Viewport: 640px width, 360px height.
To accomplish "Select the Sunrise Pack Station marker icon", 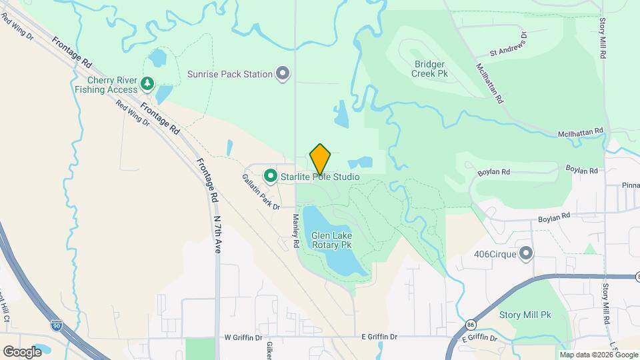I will pos(283,73).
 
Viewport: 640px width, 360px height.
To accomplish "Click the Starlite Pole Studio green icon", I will pos(271,176).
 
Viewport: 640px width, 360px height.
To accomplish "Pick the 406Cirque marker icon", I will pos(526,253).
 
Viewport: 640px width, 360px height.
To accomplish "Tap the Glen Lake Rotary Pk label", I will pos(331,240).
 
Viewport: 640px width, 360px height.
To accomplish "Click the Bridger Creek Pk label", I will pos(430,69).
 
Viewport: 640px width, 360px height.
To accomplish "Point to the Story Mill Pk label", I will pos(526,314).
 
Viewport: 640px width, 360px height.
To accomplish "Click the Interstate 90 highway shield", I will pos(57,325).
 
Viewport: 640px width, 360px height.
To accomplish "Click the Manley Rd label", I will pos(295,230).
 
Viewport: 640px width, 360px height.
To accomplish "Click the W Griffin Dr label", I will pos(245,338).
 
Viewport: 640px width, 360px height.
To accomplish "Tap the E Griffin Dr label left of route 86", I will pos(378,338).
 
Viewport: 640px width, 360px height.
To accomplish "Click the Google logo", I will pos(22,351).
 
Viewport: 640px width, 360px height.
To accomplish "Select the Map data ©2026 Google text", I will pos(598,355).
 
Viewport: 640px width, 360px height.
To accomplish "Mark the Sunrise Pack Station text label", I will pos(230,74).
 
